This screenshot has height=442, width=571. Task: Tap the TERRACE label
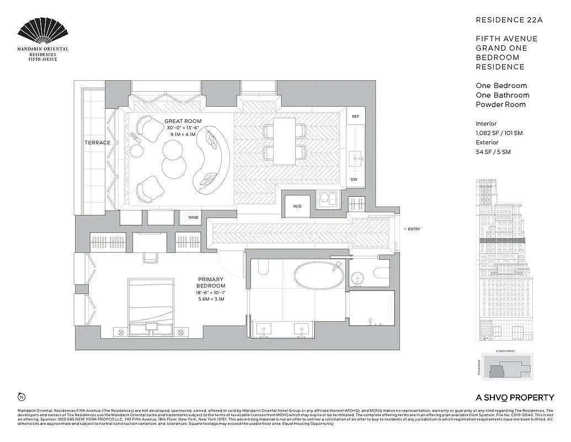[97, 143]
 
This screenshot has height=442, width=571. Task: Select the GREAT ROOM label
[183, 121]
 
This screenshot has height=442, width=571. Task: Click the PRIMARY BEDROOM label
[210, 283]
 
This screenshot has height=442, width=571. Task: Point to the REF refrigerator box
[356, 117]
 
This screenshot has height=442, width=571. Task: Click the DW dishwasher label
[354, 180]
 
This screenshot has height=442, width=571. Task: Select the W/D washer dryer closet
[297, 207]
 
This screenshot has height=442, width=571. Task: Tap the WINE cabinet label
[193, 217]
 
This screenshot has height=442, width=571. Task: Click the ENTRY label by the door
[414, 229]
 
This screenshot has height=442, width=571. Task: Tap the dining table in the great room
[285, 140]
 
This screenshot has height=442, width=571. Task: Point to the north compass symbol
[22, 397]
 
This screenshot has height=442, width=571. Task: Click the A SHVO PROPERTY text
[514, 397]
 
